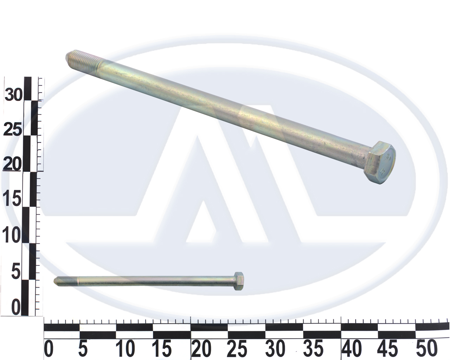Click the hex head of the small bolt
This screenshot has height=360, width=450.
(238, 281)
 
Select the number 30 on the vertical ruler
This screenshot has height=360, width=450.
(13, 95)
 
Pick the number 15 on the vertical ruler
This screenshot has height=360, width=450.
(12, 200)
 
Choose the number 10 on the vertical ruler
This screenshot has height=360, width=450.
(11, 235)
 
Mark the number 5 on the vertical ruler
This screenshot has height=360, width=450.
(16, 271)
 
